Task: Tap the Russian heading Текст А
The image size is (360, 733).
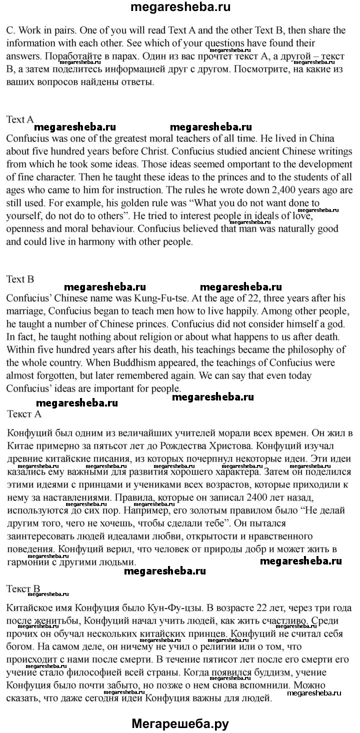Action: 25,414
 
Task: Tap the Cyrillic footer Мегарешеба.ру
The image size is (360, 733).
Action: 180,723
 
